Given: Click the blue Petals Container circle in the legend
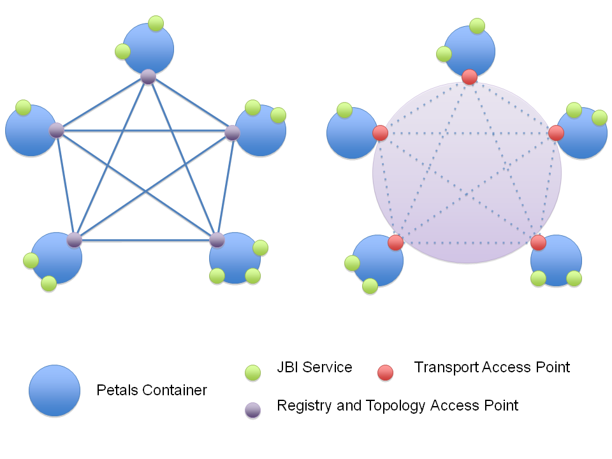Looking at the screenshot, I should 55,391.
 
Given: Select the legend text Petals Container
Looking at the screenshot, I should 152,390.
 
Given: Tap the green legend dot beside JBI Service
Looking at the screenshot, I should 253,372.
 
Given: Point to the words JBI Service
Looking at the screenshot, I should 314,368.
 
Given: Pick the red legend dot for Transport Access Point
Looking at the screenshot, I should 385,372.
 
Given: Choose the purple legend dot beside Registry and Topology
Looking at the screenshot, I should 253,411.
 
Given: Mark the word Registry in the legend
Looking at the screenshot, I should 302,406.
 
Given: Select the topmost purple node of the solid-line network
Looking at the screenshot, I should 148,76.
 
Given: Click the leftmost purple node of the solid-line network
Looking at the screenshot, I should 57,131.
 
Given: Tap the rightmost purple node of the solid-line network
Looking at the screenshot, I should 233,133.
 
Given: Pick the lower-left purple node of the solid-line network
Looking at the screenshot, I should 75,240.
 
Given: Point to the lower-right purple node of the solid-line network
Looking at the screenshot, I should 217,240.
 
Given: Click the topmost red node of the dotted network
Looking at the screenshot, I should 469,76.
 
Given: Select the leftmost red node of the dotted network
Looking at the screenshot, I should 380,133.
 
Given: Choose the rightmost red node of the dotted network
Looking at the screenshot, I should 556,133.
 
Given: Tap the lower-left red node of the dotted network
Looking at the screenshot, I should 395,242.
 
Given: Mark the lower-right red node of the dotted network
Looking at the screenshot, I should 538,242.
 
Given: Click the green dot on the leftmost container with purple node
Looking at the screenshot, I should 24,108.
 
